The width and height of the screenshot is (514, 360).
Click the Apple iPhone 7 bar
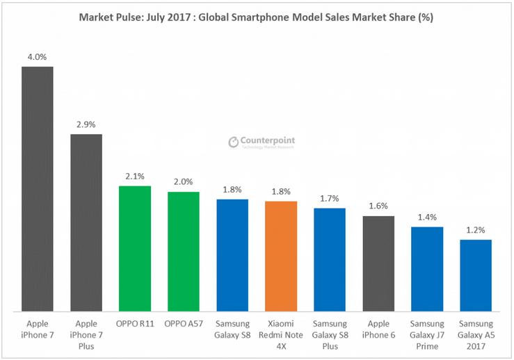click(x=38, y=189)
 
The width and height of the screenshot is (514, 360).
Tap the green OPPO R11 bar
click(x=135, y=248)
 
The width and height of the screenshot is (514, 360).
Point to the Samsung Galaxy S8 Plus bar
click(x=330, y=259)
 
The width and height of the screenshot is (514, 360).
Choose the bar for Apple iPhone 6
click(x=378, y=263)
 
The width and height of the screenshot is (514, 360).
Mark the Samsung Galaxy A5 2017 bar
click(x=476, y=275)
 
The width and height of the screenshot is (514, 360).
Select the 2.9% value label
click(x=86, y=124)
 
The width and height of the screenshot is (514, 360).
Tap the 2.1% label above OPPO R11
click(x=135, y=177)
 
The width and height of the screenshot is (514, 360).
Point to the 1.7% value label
click(x=330, y=199)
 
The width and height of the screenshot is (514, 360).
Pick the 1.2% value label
click(x=476, y=230)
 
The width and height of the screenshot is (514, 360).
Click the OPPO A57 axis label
click(x=184, y=324)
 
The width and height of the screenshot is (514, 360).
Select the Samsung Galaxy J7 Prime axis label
click(x=427, y=334)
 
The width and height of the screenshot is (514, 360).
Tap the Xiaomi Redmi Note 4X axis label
click(x=281, y=334)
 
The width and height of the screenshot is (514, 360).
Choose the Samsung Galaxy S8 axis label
click(x=232, y=329)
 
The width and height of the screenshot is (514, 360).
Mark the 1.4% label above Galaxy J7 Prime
click(x=427, y=217)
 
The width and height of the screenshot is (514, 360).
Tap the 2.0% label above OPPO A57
click(x=184, y=182)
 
